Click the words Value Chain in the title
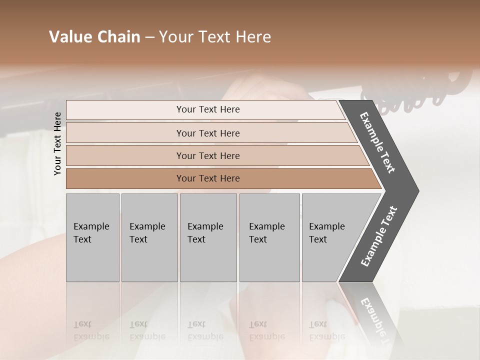[x=94, y=37]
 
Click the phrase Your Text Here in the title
[x=215, y=37]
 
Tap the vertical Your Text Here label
[x=57, y=143]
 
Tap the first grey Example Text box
[x=92, y=237]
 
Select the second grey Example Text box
[x=149, y=237]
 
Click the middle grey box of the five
[x=208, y=237]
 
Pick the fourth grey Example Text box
[x=269, y=237]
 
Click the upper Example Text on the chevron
[x=377, y=142]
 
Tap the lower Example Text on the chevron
[x=378, y=236]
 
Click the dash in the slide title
[x=149, y=37]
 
